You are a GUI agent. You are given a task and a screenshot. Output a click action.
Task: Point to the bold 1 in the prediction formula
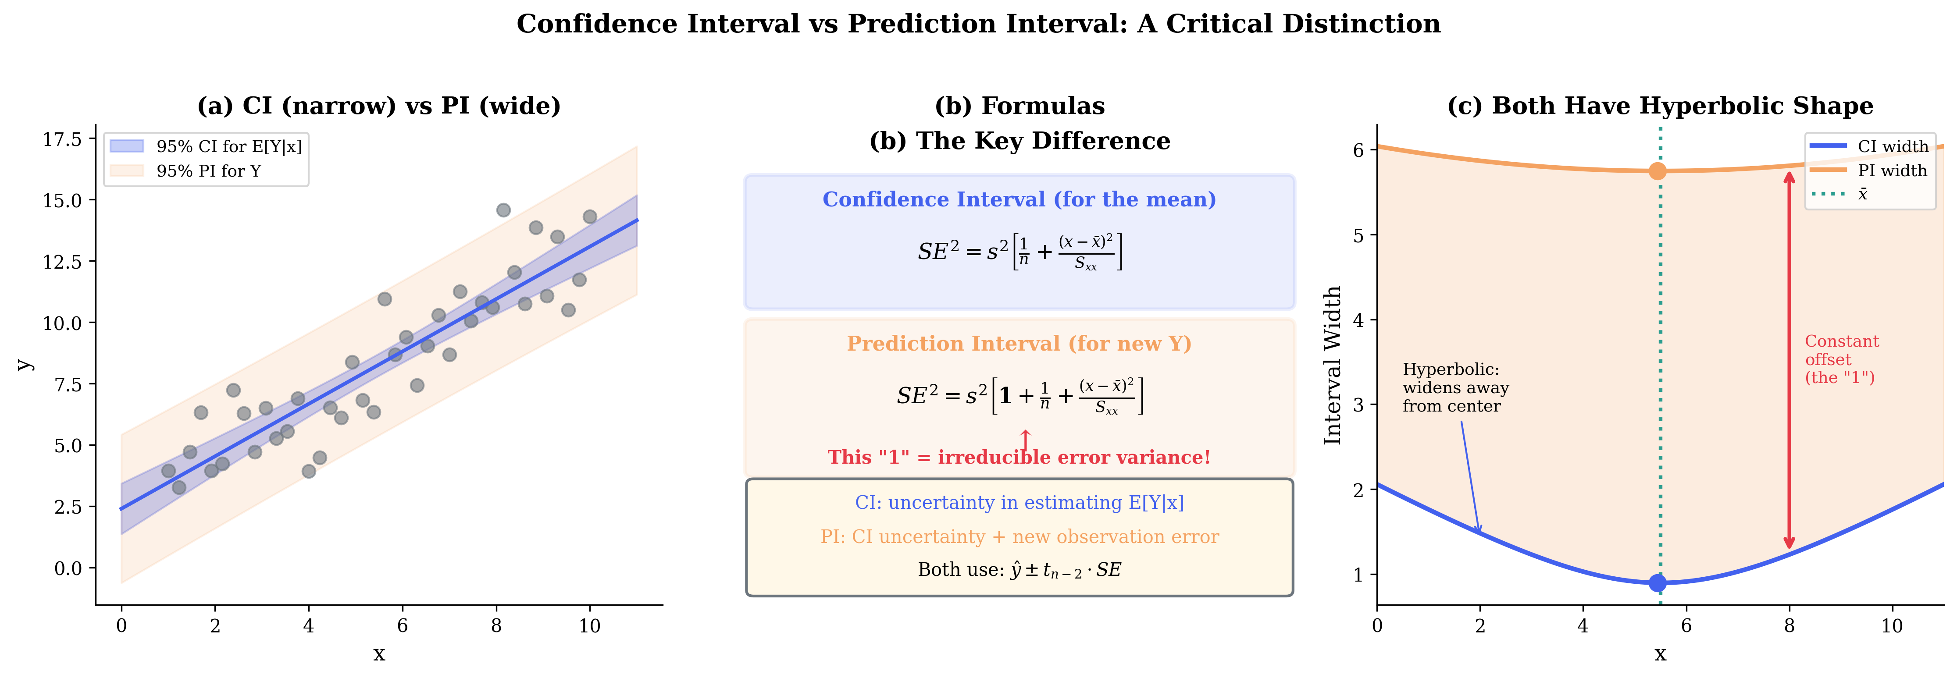(1005, 396)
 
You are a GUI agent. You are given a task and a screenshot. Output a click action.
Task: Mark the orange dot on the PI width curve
(1658, 171)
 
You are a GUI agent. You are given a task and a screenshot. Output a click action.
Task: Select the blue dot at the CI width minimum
(1658, 582)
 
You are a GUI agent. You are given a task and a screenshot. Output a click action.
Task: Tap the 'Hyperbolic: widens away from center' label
(1455, 387)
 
